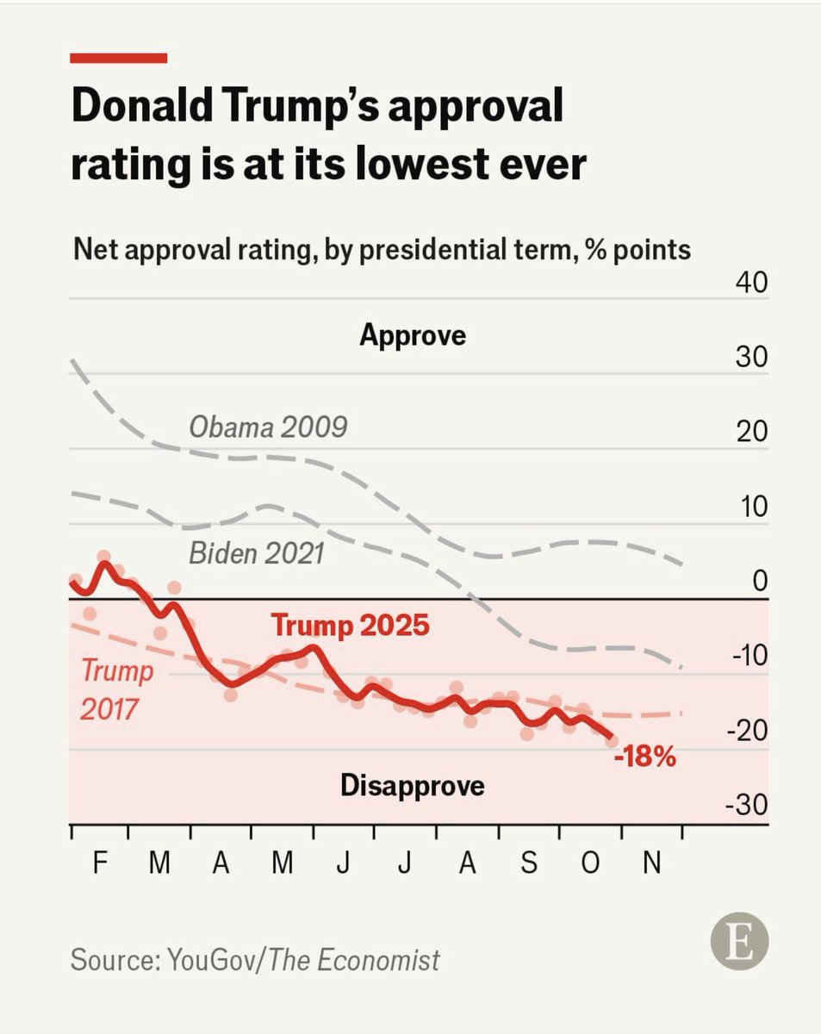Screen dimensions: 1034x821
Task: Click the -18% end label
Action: (645, 758)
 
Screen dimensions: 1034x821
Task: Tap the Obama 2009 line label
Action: (268, 426)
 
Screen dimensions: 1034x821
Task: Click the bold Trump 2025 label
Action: (350, 625)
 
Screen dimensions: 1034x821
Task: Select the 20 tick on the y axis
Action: (750, 433)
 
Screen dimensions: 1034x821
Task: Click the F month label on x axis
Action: (99, 864)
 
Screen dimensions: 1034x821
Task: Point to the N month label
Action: (652, 864)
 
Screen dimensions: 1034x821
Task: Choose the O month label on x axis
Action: (591, 864)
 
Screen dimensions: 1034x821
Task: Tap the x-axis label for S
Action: (529, 864)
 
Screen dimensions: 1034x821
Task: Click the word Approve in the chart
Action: (413, 334)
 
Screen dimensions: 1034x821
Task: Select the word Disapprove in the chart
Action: (413, 785)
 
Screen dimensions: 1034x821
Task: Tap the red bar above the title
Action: (118, 58)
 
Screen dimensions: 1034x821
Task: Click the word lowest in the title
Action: (408, 165)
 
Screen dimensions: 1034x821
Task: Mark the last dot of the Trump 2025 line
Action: (612, 741)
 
